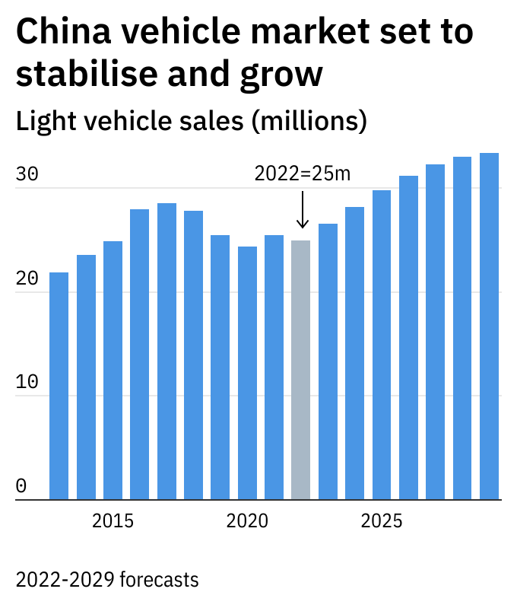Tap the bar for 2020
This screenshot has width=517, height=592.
coord(247,373)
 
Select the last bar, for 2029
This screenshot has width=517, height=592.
coord(489,326)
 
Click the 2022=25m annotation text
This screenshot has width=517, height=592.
coord(303,173)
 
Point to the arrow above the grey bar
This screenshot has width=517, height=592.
coord(303,209)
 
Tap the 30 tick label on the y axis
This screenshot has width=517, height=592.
coord(27,174)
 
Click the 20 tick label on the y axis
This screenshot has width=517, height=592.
coord(27,278)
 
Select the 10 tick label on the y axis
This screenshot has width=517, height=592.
coord(27,382)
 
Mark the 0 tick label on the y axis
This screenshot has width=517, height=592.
coord(21,485)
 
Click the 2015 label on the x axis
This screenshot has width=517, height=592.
coord(113,522)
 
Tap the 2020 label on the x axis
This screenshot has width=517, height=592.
coord(247,522)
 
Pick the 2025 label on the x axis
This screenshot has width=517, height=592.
coord(382,522)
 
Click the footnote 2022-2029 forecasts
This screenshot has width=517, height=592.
coord(107,579)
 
